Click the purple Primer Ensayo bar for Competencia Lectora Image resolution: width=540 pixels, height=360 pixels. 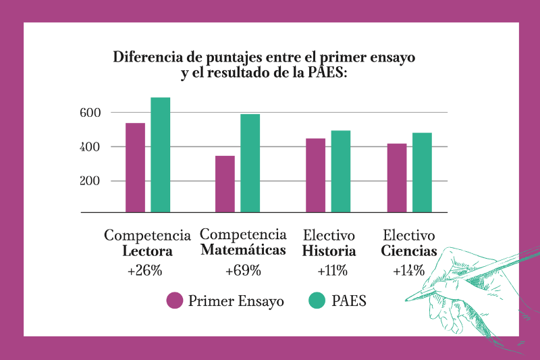point(136,168)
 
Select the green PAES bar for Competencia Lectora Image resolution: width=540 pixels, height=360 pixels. point(160,155)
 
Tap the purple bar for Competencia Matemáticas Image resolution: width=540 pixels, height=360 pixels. point(225,184)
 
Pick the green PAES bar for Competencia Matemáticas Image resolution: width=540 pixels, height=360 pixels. point(250,163)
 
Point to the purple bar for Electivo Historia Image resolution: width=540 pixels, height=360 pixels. point(315,175)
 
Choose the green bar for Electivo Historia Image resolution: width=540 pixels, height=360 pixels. point(340,172)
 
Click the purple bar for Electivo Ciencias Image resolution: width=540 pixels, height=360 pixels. point(397,178)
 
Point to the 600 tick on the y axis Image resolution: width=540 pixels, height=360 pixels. point(90,113)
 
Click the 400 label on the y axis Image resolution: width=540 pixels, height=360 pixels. point(90,147)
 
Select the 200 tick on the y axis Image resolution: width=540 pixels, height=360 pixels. point(90,181)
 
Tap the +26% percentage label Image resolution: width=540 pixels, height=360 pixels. point(144,271)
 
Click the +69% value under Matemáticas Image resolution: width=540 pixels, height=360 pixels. point(242,271)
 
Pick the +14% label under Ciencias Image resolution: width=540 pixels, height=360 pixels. point(408,271)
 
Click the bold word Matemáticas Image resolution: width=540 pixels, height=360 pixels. point(242,251)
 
